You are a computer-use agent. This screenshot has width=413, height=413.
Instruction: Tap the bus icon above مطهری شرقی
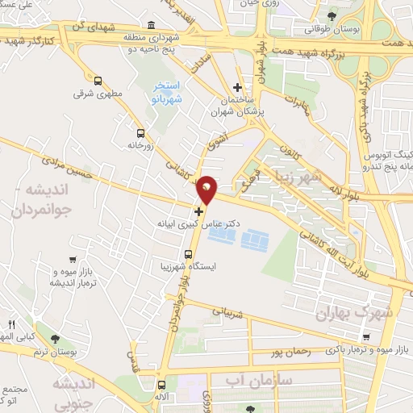tap(98, 81)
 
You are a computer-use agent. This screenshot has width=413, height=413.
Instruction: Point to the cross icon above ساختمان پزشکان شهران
tap(236, 87)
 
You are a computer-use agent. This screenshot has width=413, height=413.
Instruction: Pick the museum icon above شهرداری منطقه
tap(153, 26)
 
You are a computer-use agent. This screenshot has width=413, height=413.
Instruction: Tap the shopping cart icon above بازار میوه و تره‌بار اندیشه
tap(73, 260)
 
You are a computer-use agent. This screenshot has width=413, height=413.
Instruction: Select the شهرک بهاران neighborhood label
tap(354, 312)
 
